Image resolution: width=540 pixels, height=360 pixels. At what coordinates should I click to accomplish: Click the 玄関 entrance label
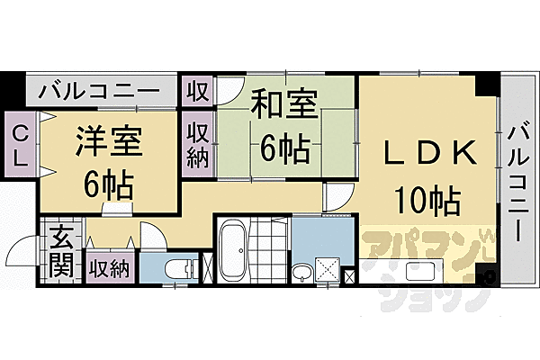coord(61,253)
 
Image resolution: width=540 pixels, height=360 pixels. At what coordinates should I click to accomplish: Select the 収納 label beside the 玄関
coord(111,268)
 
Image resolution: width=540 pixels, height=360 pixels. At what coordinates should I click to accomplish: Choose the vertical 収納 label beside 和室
coord(198,145)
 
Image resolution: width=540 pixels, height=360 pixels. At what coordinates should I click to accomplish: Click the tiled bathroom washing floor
coord(269,252)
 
